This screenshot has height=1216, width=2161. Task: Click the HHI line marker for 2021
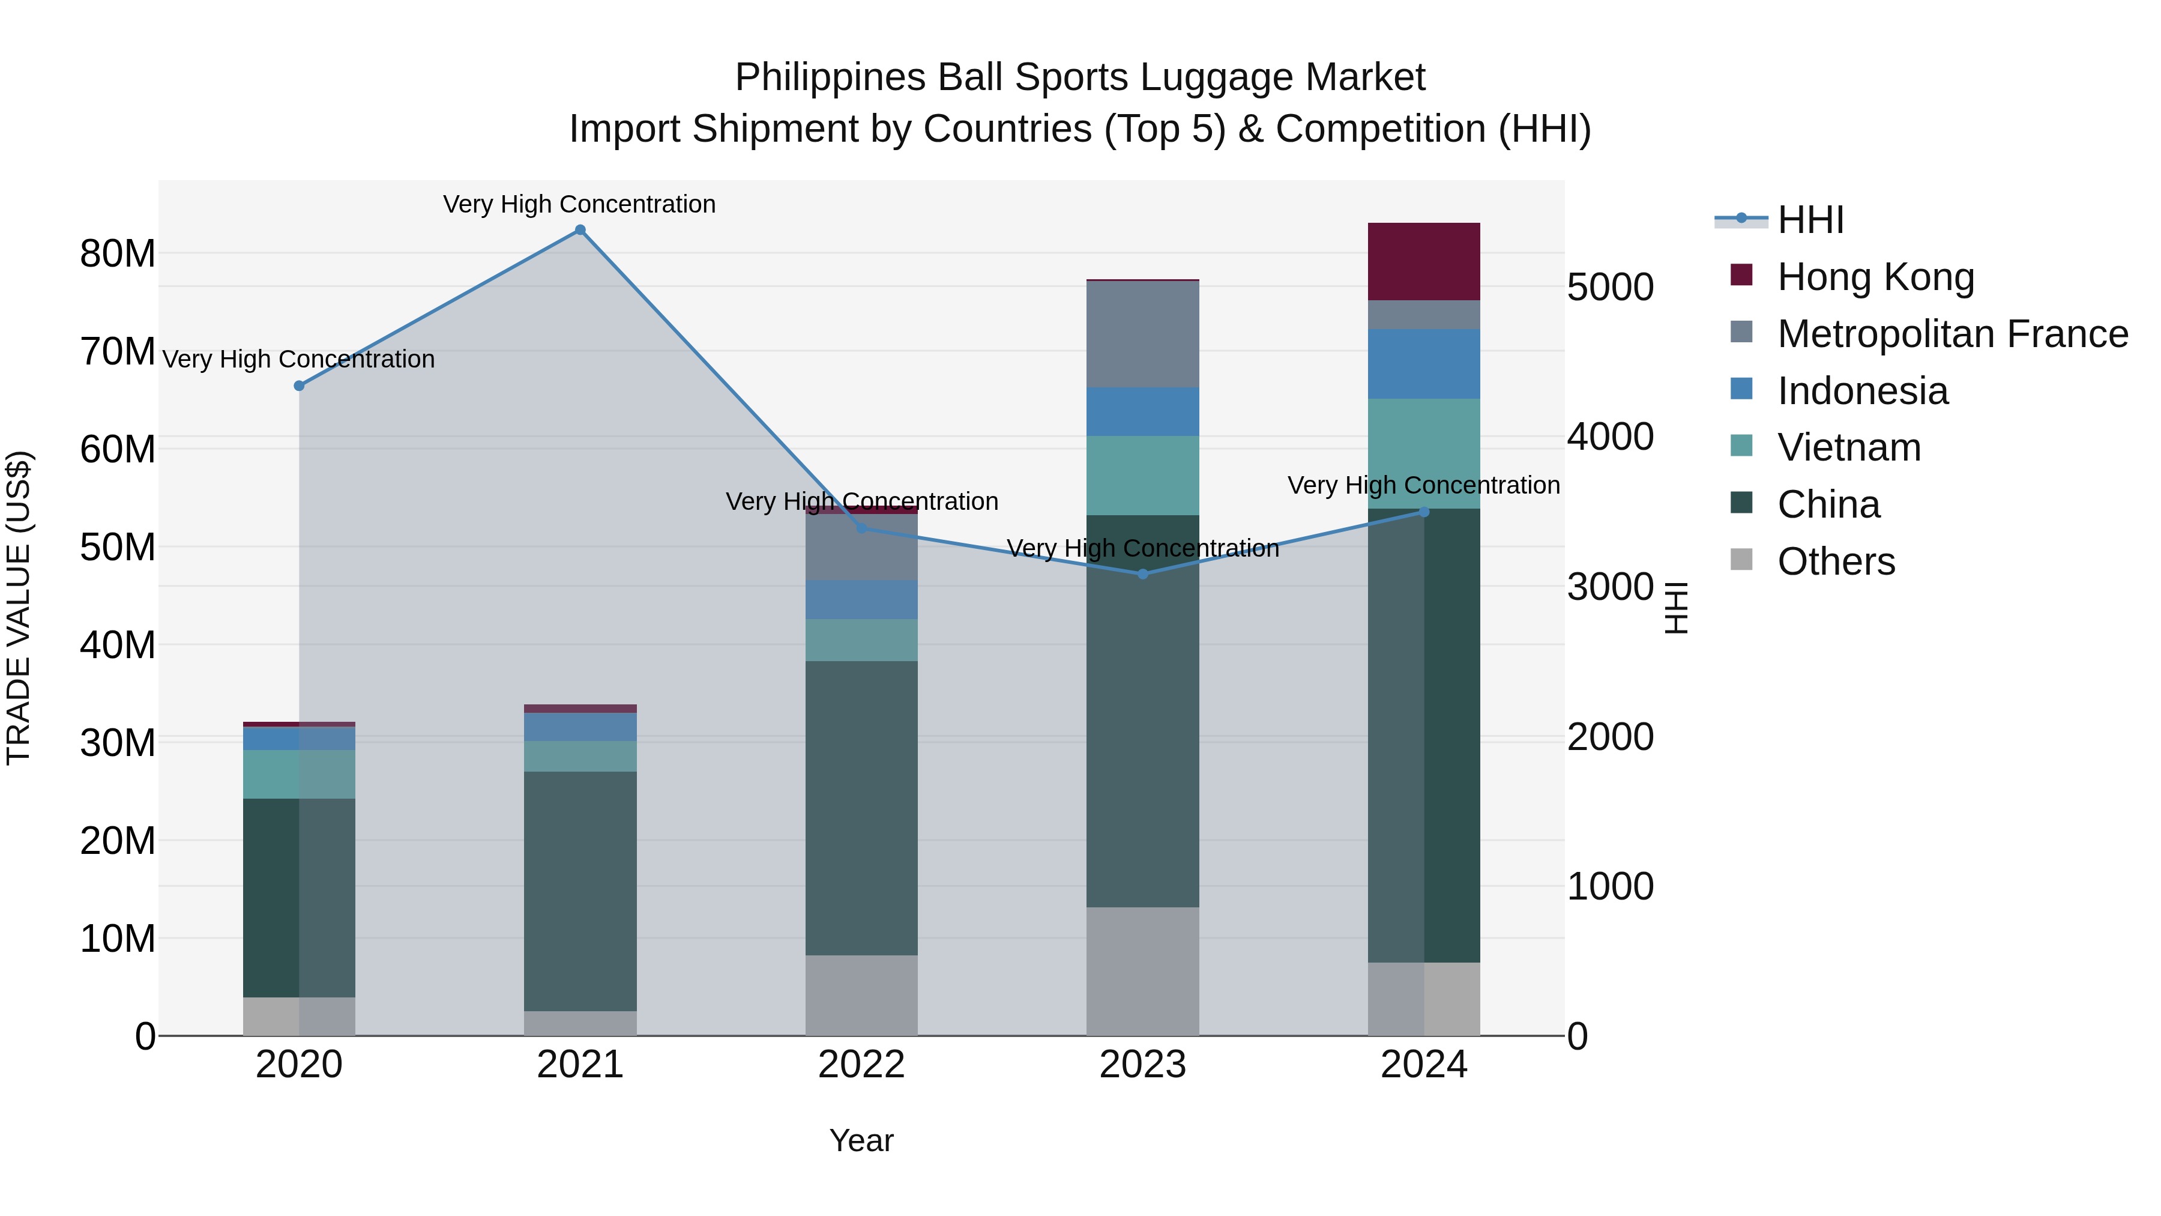coord(580,230)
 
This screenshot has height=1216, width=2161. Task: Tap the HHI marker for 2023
coord(1142,574)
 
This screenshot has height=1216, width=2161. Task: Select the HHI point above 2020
coord(299,386)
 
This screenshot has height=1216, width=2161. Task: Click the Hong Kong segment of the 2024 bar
coord(1424,262)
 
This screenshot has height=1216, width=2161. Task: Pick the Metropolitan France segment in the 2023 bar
coord(1142,334)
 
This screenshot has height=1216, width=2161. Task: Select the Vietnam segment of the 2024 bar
coord(1424,453)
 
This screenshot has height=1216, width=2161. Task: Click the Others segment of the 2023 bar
coord(1142,971)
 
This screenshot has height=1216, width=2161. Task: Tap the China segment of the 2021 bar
coord(580,891)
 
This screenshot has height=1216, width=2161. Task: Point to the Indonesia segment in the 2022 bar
coord(861,599)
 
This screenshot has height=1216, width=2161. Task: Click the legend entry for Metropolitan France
coord(1952,334)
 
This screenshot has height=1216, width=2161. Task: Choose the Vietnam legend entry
coord(1849,447)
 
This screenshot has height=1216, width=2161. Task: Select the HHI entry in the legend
coord(1810,220)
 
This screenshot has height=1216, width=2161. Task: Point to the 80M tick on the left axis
coord(118,253)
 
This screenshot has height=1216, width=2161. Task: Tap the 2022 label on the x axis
coord(861,1065)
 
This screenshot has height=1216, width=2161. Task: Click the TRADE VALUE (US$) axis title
coord(19,608)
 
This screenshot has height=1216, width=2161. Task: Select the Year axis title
coord(861,1140)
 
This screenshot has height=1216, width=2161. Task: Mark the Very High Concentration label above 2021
coord(580,204)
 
